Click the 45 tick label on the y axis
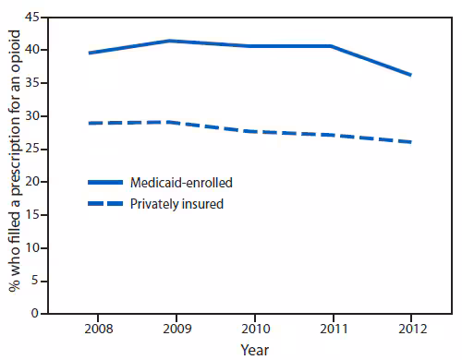pos(33,17)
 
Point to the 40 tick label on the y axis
pos(33,50)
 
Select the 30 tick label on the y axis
pos(33,115)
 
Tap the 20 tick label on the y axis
pos(33,182)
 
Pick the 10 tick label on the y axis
pos(33,247)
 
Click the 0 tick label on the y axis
pos(37,314)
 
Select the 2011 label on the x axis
pos(330,330)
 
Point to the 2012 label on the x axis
pos(410,330)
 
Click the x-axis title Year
pos(255,350)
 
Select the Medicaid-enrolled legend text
pos(183,183)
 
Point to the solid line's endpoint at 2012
pos(411,75)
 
